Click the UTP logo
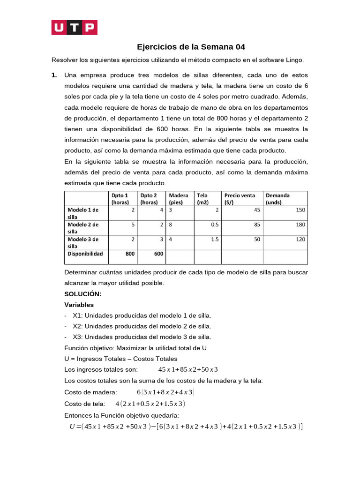coord(74,28)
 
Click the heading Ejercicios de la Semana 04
coord(191,47)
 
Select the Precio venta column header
coord(240,199)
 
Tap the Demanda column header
coord(278,199)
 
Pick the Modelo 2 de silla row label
coord(83,228)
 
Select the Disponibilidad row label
coord(85,254)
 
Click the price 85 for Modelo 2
coord(256,225)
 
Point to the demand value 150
coord(300,210)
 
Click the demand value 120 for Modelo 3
coord(300,239)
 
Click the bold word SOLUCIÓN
coord(82,294)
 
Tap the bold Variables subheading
coord(79,305)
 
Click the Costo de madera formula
coord(165,392)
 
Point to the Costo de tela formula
coord(150,404)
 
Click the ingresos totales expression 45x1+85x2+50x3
coord(188,369)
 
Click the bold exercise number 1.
coord(54,75)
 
